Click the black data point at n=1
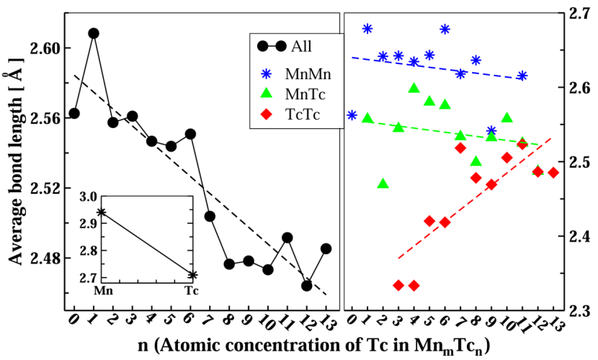(94, 33)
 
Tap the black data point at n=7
(210, 216)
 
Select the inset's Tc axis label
(191, 291)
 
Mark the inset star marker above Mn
(102, 212)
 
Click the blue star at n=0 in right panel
(352, 115)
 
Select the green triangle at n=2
(383, 184)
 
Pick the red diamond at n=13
(553, 173)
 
